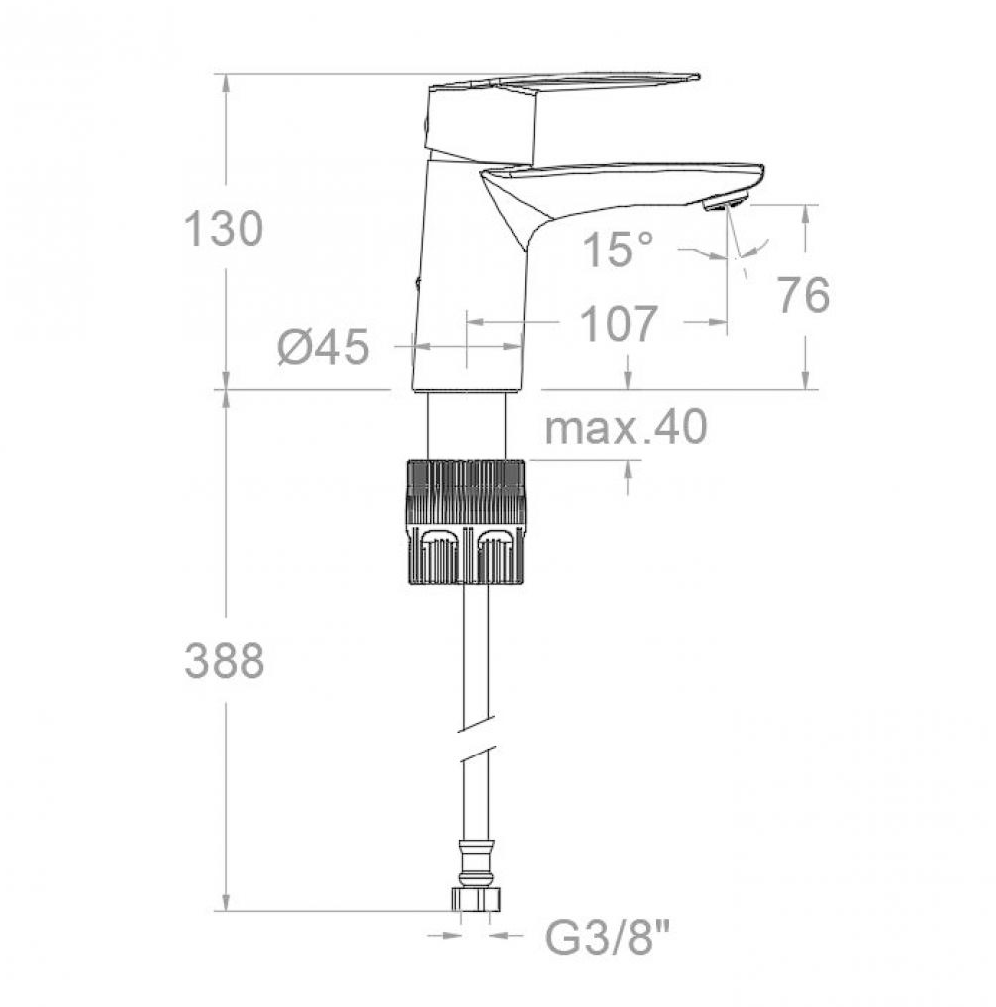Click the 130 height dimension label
(224, 228)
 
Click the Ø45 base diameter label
(323, 347)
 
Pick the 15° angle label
(617, 249)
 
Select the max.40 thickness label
(626, 426)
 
